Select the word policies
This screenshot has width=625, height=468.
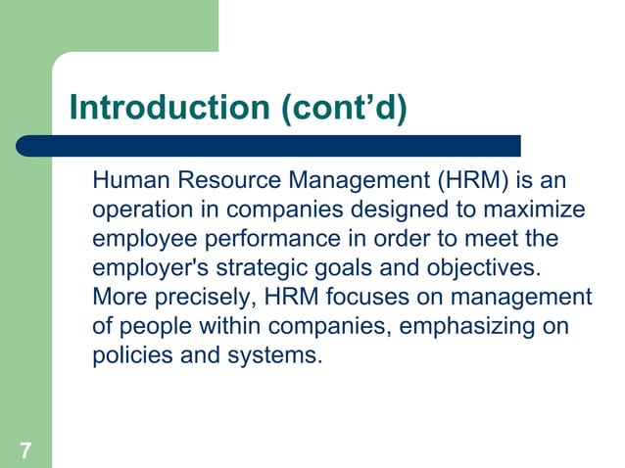(129, 353)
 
